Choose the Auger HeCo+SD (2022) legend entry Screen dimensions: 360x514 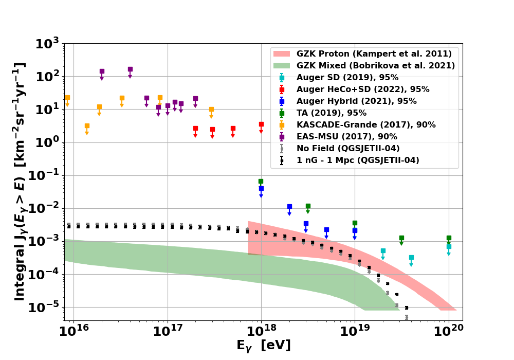pos(362,89)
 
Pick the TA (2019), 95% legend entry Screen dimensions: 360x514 pos(331,113)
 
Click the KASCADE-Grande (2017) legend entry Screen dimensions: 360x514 pos(365,125)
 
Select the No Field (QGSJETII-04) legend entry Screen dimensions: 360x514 pos(347,149)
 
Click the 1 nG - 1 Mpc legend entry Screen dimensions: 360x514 pos(357,160)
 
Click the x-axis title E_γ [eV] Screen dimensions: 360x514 pos(263,346)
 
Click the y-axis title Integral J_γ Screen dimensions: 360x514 pos(20,181)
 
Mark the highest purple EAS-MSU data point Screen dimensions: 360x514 pos(130,69)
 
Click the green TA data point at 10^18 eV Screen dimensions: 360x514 pos(261,182)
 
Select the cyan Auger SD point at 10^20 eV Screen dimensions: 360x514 pos(449,246)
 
